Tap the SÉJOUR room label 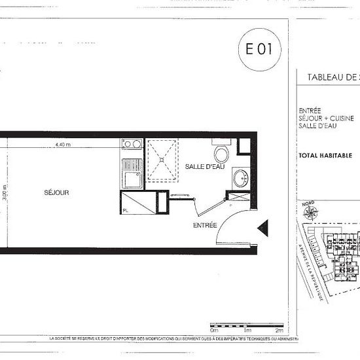click(x=56, y=192)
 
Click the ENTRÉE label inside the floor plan click(x=204, y=225)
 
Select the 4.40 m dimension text click(x=63, y=144)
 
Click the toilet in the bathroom click(x=222, y=154)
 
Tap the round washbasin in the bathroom click(x=240, y=176)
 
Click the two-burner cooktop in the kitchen click(x=132, y=144)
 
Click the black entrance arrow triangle click(x=264, y=228)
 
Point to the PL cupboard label click(x=124, y=210)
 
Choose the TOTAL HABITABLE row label click(x=325, y=156)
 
